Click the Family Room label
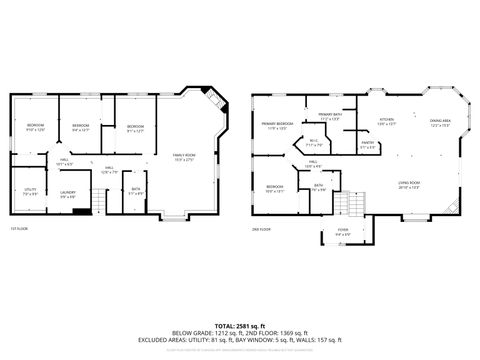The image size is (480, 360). (x=184, y=157)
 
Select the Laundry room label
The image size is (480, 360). (x=68, y=194)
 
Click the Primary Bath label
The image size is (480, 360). (x=331, y=117)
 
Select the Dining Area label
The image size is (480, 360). (x=439, y=123)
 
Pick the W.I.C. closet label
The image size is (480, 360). (x=313, y=142)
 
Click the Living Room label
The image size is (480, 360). (x=409, y=185)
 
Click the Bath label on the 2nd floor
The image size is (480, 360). (x=318, y=187)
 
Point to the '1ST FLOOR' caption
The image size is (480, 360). (x=19, y=229)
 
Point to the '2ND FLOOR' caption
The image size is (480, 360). (x=261, y=229)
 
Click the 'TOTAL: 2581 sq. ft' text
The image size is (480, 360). (x=239, y=325)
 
